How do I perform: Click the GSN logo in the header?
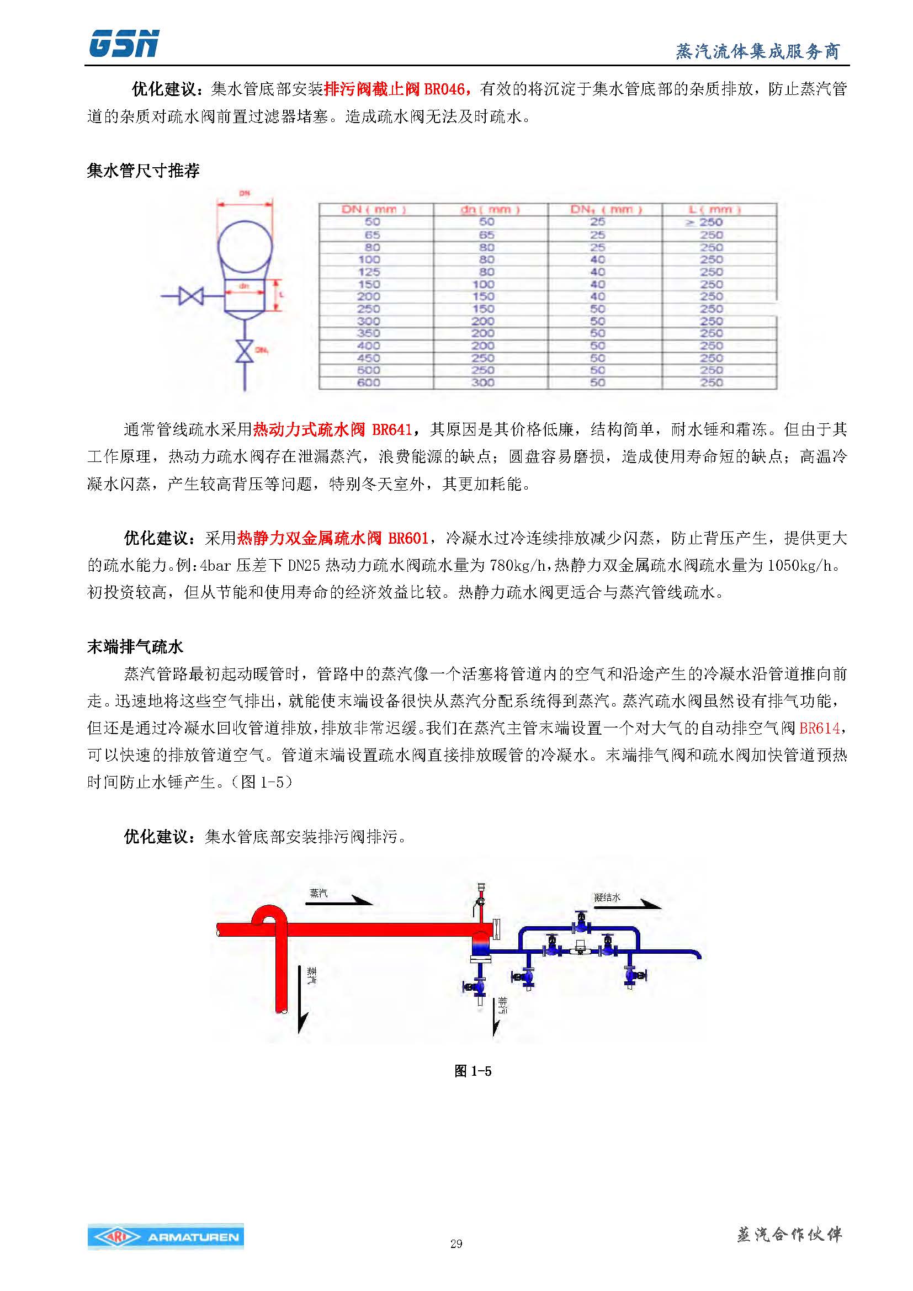tap(124, 44)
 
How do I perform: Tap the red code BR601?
tap(408, 538)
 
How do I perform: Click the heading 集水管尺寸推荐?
tap(143, 171)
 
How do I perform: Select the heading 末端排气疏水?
tap(135, 647)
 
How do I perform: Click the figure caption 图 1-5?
tap(473, 1071)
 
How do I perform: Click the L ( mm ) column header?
tap(714, 210)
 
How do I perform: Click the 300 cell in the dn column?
tap(482, 383)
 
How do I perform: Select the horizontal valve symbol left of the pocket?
tap(190, 295)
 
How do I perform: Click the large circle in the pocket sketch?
tap(245, 246)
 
